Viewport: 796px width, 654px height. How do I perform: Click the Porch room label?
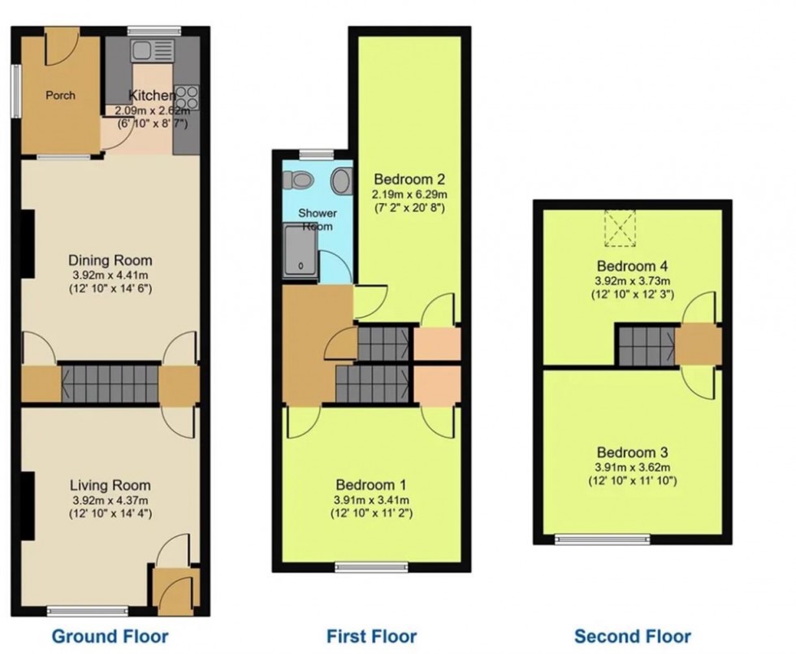pos(60,95)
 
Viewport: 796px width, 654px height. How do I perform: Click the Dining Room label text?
pos(110,261)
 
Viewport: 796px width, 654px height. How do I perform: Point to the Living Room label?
pos(110,485)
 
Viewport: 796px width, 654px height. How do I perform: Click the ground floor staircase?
pos(109,384)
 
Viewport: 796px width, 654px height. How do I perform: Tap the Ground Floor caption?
pos(110,635)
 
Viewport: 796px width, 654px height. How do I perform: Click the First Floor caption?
pos(371,635)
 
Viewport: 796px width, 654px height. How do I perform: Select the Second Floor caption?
pos(633,635)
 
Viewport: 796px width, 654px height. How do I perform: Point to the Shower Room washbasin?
pos(342,180)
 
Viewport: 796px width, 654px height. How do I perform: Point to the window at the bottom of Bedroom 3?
pos(603,538)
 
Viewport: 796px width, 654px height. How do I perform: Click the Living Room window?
pos(87,609)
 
